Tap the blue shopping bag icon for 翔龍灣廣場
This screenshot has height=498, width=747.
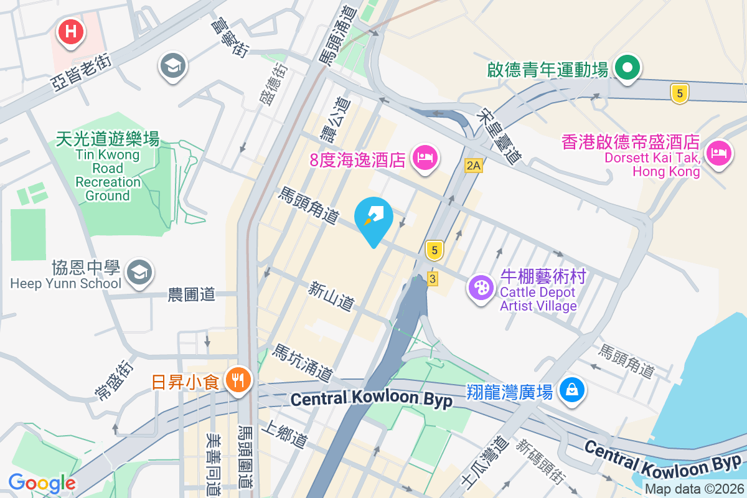570,390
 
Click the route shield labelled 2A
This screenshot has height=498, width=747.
474,165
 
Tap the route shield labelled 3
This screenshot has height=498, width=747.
433,278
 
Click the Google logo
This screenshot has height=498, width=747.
42,482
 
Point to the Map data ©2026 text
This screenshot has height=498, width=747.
694,489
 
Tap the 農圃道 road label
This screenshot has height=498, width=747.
192,294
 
